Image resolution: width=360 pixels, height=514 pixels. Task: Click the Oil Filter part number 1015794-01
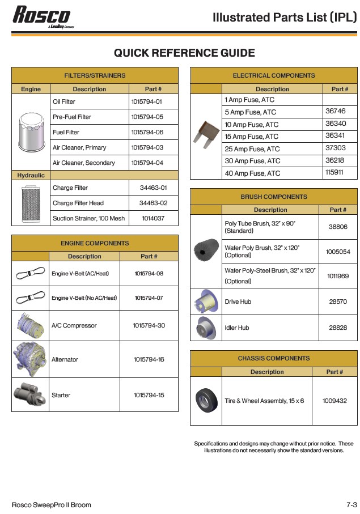coord(147,102)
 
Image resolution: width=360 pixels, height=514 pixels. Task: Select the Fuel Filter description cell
coord(66,133)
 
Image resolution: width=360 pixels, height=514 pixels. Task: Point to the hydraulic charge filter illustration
coord(31,203)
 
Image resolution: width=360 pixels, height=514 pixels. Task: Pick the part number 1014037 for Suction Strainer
coord(153,218)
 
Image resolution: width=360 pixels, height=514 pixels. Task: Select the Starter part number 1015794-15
coord(149,395)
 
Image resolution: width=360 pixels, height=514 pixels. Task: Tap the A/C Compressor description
coord(74,326)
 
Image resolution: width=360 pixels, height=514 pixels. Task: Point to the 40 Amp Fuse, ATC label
coord(252,173)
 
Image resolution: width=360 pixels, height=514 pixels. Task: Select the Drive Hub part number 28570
coord(338,302)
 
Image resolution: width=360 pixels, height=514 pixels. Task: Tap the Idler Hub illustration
coord(206,328)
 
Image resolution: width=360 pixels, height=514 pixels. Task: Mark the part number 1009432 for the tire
coord(334,401)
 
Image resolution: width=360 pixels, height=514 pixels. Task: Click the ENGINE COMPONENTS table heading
coord(95,243)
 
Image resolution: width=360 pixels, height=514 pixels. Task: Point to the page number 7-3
coord(351,504)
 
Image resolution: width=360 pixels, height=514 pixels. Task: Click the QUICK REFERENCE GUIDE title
coord(184,53)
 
